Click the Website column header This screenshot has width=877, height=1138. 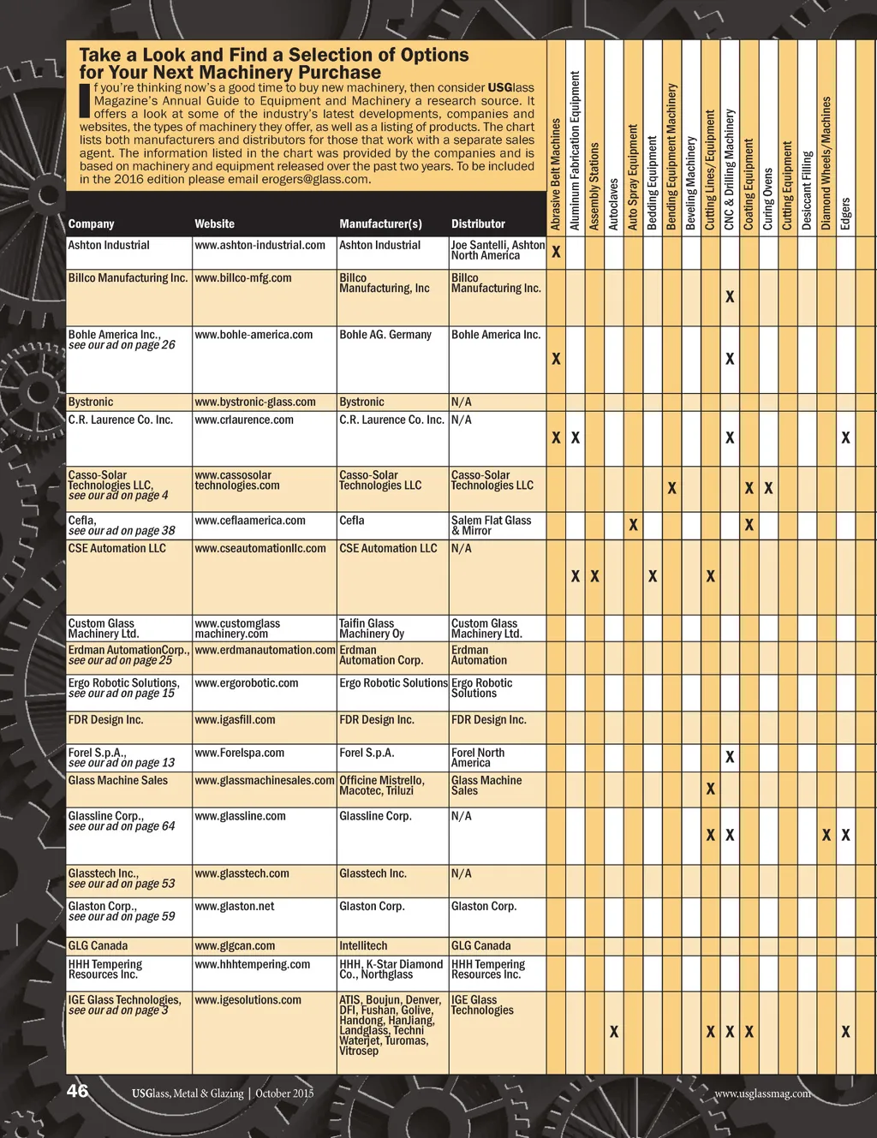point(214,224)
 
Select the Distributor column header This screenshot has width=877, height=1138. point(478,224)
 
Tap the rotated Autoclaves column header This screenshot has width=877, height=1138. point(613,204)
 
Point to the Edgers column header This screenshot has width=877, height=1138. point(845,213)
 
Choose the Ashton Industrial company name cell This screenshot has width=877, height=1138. point(109,246)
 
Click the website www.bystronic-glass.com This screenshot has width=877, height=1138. point(255,402)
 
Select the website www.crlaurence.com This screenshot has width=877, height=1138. point(244,420)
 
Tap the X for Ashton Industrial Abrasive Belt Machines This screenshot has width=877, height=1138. point(556,253)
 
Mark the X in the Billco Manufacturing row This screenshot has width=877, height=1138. point(730,297)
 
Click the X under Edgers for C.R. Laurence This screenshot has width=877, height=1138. point(845,438)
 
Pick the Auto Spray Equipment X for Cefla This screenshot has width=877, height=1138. point(633,525)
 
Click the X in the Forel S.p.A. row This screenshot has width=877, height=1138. point(730,757)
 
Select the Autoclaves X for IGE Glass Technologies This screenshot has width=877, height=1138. point(614,1033)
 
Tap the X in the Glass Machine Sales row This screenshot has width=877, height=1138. point(711,789)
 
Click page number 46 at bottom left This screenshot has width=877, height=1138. point(78,1091)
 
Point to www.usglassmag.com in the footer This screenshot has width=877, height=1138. point(762,1093)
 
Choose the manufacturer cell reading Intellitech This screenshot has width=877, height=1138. point(363,946)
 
